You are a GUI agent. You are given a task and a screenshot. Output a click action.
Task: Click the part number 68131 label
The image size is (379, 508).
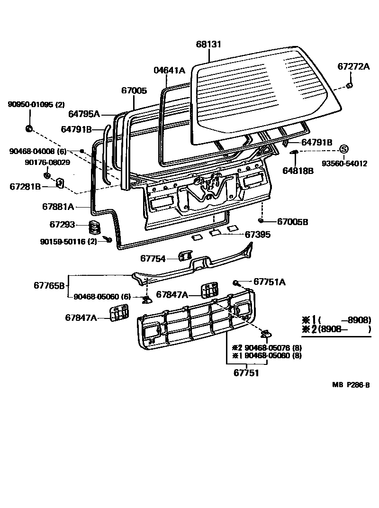click(x=208, y=44)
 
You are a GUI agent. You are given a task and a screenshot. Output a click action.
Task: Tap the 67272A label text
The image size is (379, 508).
click(x=353, y=67)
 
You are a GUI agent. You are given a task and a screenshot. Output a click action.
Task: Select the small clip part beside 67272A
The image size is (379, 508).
click(x=349, y=86)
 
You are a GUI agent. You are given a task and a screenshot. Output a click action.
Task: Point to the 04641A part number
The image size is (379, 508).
click(x=169, y=70)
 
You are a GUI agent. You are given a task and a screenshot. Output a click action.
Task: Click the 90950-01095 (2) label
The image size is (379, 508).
click(x=36, y=105)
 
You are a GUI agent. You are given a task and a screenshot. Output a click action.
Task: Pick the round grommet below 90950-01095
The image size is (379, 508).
click(x=28, y=128)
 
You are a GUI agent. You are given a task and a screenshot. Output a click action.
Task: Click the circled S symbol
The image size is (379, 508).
click(x=343, y=149)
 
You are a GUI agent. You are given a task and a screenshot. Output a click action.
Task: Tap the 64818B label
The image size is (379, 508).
click(x=298, y=171)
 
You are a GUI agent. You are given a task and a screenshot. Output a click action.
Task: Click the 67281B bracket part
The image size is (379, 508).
click(x=61, y=182)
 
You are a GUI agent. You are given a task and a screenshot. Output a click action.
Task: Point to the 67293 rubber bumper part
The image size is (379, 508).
click(x=96, y=227)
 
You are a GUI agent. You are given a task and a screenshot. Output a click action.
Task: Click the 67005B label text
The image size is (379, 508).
click(x=292, y=221)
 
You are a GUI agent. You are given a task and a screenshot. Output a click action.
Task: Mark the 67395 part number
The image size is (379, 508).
click(x=258, y=234)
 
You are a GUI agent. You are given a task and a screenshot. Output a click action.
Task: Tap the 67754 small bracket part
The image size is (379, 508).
click(x=183, y=257)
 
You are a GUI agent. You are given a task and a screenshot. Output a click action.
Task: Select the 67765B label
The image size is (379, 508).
click(x=49, y=285)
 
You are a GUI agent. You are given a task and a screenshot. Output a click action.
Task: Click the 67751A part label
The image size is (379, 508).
click(x=270, y=282)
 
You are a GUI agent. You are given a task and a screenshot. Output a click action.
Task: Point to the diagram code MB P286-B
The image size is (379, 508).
click(x=350, y=385)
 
